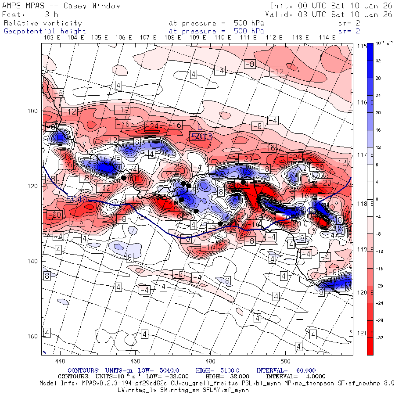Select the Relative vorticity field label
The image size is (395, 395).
coord(43,23)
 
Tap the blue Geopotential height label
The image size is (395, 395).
coord(45,31)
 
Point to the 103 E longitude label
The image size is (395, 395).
coord(52,38)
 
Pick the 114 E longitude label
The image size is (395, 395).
coord(327,38)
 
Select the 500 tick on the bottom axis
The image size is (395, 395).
coord(285,361)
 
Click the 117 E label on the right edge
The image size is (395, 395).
coord(363,155)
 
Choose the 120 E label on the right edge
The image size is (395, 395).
coord(363,293)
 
